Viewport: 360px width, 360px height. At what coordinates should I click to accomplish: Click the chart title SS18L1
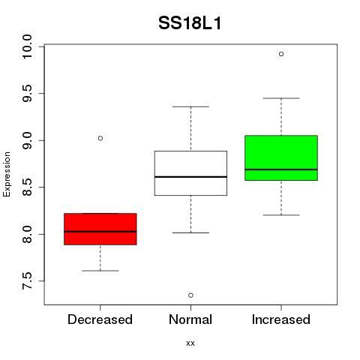(190, 23)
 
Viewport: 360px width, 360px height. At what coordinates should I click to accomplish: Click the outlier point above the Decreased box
(100, 138)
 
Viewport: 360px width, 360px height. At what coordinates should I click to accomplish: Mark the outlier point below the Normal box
(190, 295)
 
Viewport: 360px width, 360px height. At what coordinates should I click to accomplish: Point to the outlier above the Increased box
(281, 54)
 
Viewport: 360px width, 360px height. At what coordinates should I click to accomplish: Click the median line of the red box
(100, 232)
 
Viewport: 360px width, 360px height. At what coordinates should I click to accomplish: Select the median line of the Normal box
(190, 177)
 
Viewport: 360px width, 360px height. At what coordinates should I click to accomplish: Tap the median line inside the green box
(281, 169)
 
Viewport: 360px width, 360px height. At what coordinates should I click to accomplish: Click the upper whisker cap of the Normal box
(190, 106)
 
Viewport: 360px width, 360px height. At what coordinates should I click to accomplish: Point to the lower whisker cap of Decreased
(100, 271)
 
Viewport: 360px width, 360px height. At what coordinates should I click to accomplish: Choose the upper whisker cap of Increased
(281, 98)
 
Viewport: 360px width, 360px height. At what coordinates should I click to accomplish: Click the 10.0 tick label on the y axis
(27, 46)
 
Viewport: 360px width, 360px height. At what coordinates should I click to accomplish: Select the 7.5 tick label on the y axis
(27, 281)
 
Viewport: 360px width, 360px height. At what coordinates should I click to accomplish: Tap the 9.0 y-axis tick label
(27, 140)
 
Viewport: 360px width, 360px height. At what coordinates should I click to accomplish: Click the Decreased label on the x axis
(100, 319)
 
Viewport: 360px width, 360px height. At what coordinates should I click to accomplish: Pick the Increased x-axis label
(281, 319)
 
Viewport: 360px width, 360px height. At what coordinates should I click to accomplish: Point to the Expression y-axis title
(7, 174)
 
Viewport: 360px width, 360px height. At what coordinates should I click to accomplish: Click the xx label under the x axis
(190, 343)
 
